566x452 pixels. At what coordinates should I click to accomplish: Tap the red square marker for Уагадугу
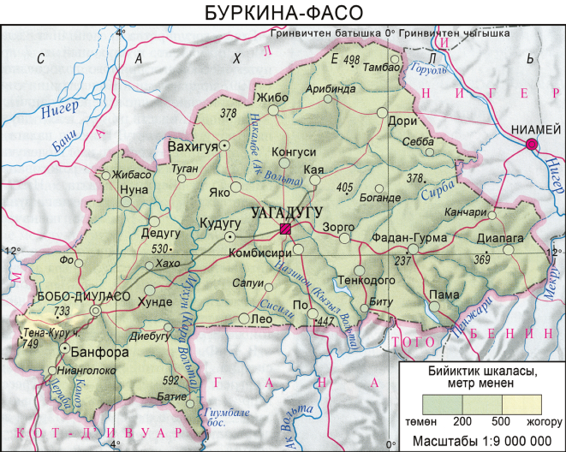286,229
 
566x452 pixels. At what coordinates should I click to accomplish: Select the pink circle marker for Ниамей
532,145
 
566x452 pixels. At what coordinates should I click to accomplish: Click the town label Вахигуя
193,146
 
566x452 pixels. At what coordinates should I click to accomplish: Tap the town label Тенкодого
366,280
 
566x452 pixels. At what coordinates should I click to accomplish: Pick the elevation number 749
30,343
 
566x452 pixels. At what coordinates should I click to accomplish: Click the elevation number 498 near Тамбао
351,60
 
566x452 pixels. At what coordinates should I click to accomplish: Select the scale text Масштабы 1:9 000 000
481,441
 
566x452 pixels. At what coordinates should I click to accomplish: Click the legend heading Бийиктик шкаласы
482,372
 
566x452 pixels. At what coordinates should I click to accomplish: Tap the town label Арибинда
329,88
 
